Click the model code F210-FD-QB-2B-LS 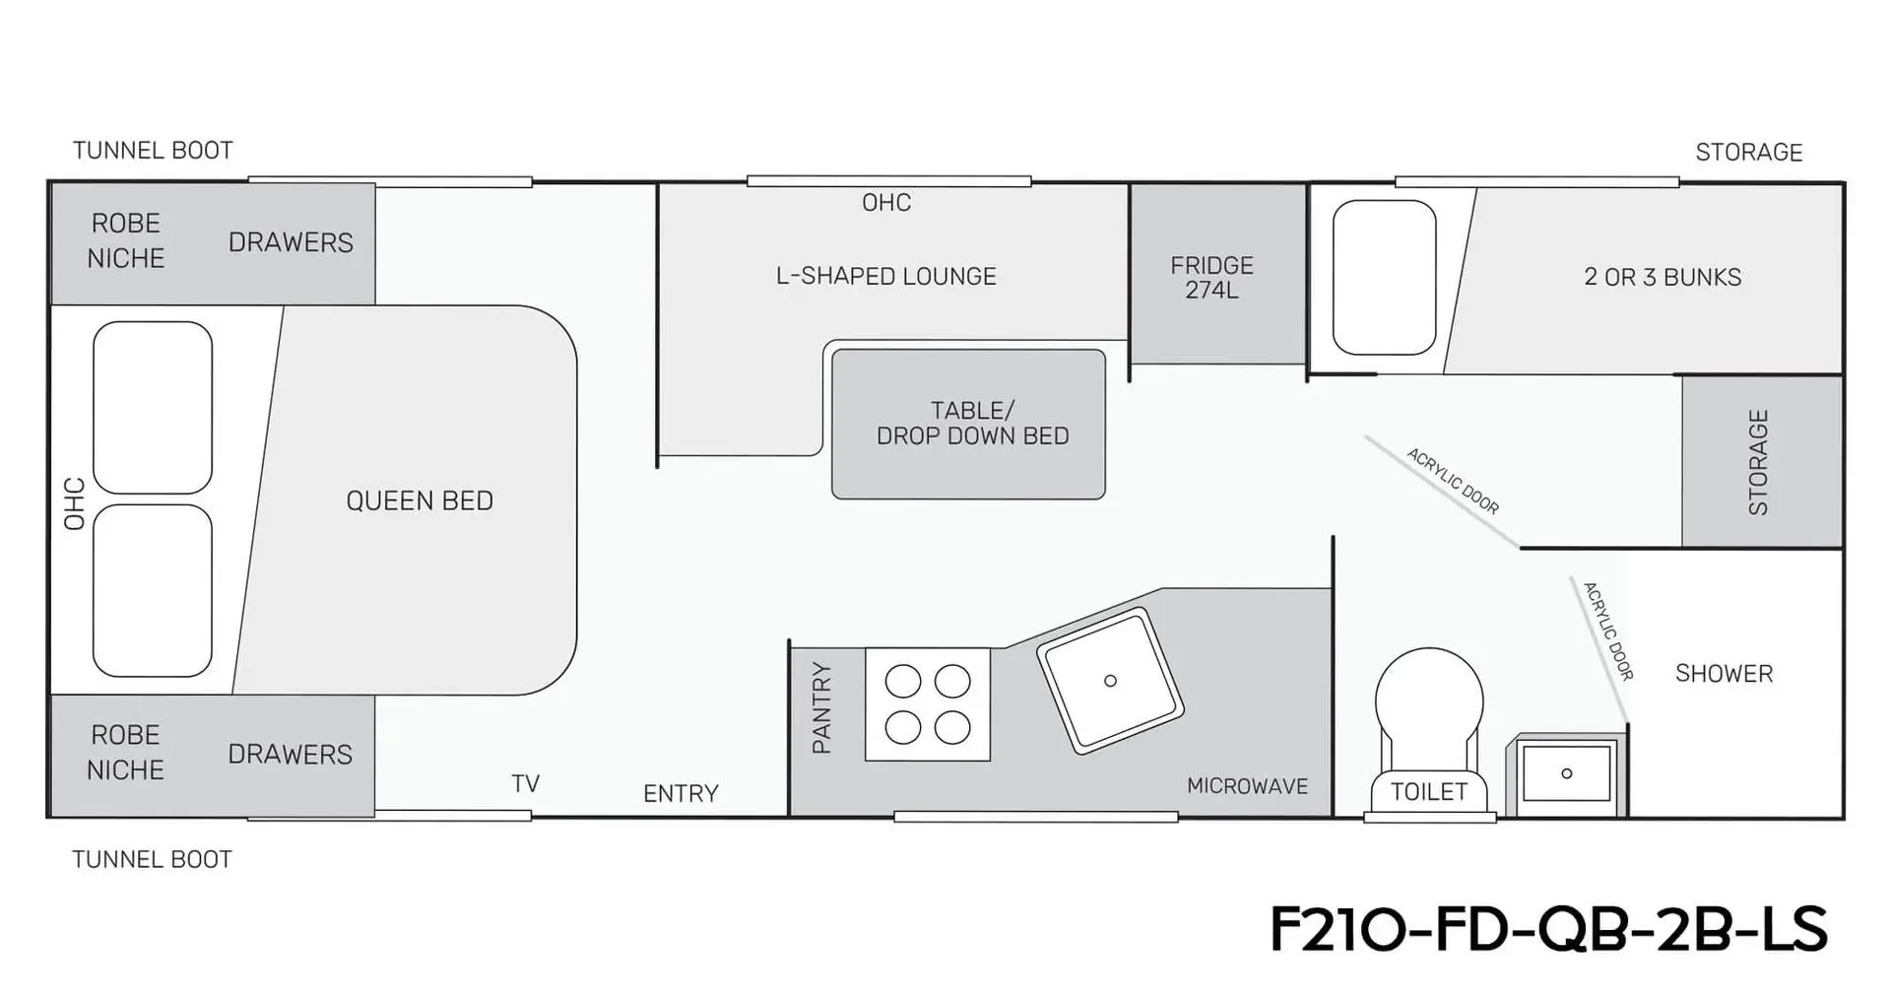(x=1548, y=928)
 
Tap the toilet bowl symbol (x=1429, y=733)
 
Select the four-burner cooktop (x=928, y=703)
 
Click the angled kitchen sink (x=1110, y=680)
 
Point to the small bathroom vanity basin (x=1567, y=773)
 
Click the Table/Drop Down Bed (x=969, y=424)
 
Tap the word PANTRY (x=821, y=707)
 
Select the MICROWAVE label (x=1247, y=786)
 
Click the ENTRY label (x=681, y=793)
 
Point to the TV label (x=525, y=783)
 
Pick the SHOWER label (x=1724, y=674)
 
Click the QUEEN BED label (x=420, y=500)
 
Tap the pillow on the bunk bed (x=1384, y=278)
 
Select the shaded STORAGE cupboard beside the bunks (x=1761, y=461)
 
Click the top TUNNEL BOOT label (x=153, y=151)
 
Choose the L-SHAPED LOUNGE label (x=886, y=276)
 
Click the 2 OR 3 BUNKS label (x=1663, y=277)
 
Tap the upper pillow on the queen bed (x=153, y=407)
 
